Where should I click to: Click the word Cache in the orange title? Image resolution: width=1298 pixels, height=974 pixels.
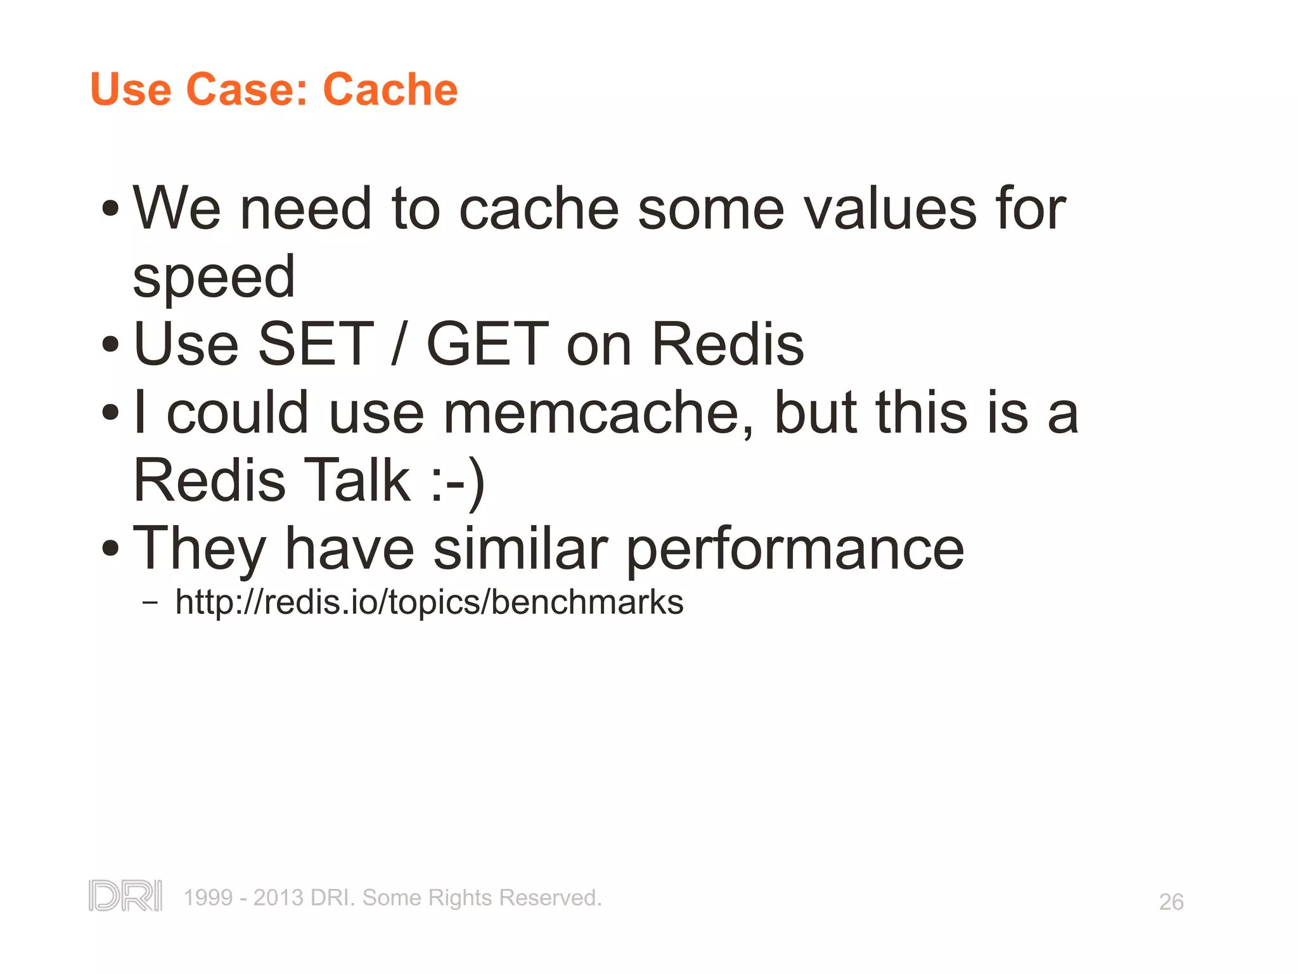390,89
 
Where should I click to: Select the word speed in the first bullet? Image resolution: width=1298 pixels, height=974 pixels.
214,277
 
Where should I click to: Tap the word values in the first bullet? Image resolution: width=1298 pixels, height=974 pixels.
890,209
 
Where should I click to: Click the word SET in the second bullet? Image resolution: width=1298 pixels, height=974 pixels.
316,344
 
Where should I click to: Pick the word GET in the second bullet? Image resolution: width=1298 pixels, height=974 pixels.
487,344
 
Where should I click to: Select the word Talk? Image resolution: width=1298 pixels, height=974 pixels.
357,481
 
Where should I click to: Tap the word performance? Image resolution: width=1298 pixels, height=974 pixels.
795,549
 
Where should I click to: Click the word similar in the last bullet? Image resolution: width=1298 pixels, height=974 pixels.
520,549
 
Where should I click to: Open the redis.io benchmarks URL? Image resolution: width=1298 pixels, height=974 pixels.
429,602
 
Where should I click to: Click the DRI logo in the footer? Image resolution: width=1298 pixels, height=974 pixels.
125,896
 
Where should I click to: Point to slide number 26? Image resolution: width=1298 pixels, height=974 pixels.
1171,902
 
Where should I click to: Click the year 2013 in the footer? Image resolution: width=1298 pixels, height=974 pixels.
278,898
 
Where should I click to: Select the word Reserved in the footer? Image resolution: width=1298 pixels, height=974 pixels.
549,898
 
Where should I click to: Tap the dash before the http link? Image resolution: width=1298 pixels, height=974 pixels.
150,602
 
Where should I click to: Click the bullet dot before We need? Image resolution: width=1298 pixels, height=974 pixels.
110,208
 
